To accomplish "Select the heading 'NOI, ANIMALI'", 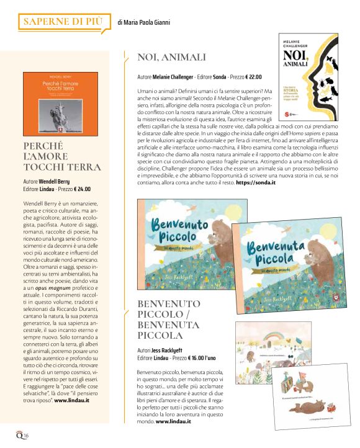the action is (171, 58).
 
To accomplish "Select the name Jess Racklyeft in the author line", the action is (168, 351).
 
